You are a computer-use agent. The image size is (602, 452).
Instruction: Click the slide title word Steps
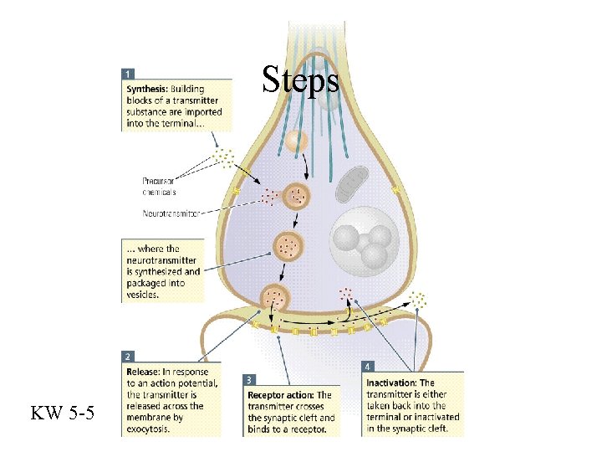coord(300,80)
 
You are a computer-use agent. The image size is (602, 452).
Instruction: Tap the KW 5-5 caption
coord(63,413)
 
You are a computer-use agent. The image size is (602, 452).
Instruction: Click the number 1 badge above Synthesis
coord(127,74)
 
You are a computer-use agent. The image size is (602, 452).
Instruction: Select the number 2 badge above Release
coord(127,356)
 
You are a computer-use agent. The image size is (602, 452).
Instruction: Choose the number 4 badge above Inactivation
coord(369,366)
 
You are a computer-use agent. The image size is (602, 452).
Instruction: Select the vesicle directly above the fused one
coord(287,246)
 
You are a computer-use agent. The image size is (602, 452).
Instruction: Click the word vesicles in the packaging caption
coord(142,294)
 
